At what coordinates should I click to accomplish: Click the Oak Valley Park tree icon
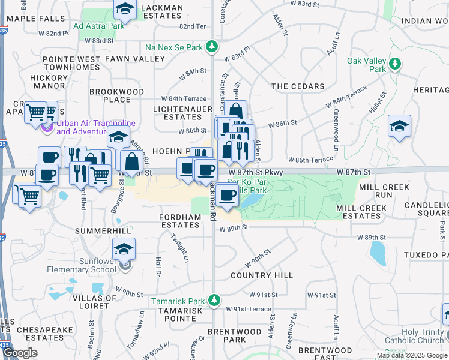pyautogui.click(x=394, y=63)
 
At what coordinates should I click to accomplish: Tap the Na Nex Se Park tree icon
pyautogui.click(x=211, y=46)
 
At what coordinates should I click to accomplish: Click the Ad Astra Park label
pyautogui.click(x=98, y=26)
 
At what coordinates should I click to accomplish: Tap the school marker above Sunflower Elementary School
pyautogui.click(x=124, y=248)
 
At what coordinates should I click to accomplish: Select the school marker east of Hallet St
pyautogui.click(x=399, y=126)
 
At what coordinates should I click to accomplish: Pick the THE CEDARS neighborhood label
pyautogui.click(x=298, y=86)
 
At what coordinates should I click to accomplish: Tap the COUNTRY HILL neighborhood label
pyautogui.click(x=262, y=275)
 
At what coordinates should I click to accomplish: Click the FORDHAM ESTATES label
pyautogui.click(x=180, y=220)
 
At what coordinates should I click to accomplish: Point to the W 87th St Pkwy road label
pyautogui.click(x=255, y=172)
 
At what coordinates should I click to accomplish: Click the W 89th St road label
pyautogui.click(x=234, y=228)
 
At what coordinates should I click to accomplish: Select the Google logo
pyautogui.click(x=21, y=353)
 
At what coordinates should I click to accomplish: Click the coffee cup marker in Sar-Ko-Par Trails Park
pyautogui.click(x=228, y=195)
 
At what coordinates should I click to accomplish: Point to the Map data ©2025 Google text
pyautogui.click(x=411, y=355)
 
